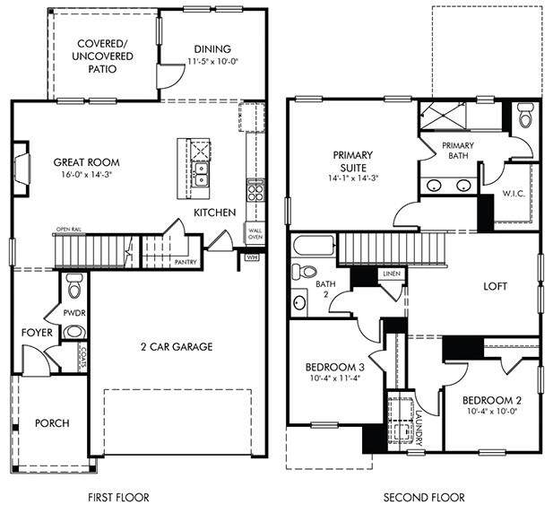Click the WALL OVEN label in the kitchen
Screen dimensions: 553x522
pyautogui.click(x=255, y=234)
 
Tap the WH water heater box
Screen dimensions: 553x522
pyautogui.click(x=252, y=257)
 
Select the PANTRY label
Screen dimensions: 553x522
pyautogui.click(x=186, y=262)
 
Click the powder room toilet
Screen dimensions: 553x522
pyautogui.click(x=74, y=286)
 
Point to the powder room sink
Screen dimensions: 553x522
pyautogui.click(x=74, y=332)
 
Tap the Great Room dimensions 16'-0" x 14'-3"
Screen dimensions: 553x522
pyautogui.click(x=86, y=174)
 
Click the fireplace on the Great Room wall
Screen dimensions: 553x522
pyautogui.click(x=22, y=169)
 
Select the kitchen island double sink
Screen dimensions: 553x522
pyautogui.click(x=200, y=174)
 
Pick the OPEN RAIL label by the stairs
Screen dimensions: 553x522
pyautogui.click(x=69, y=230)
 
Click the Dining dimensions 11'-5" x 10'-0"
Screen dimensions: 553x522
pyautogui.click(x=212, y=61)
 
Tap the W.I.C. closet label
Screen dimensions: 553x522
pyautogui.click(x=514, y=194)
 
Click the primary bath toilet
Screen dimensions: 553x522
pyautogui.click(x=525, y=116)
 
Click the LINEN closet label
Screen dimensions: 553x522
pyautogui.click(x=392, y=274)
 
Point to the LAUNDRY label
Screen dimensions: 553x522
pyautogui.click(x=419, y=428)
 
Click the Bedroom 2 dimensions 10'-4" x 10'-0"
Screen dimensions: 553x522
pyautogui.click(x=492, y=411)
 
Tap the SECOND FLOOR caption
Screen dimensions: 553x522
pyautogui.click(x=424, y=498)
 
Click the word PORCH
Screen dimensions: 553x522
pyautogui.click(x=52, y=422)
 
